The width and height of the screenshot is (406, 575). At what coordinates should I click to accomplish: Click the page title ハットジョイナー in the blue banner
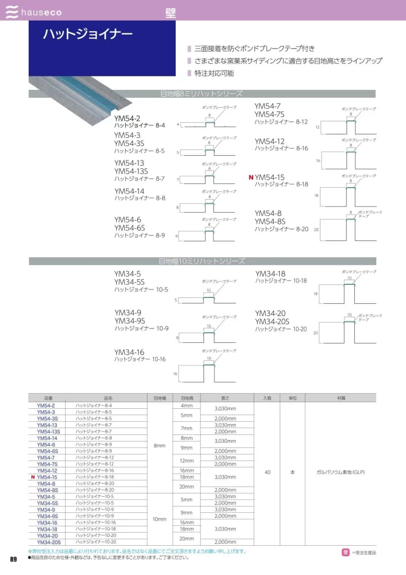coord(88,34)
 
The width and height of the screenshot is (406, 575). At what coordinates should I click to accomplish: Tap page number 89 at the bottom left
coord(14,560)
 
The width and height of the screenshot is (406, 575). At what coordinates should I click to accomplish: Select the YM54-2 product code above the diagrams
coord(127,119)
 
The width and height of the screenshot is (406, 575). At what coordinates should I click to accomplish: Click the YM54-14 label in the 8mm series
coord(129,191)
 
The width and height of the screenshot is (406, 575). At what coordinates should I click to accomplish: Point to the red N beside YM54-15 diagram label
coord(251,178)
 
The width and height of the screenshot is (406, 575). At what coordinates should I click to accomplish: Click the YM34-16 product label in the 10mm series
coord(129,352)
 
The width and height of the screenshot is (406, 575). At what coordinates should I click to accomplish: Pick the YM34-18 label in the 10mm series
coord(270,274)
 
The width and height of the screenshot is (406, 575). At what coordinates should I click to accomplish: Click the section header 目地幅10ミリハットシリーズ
coord(202,261)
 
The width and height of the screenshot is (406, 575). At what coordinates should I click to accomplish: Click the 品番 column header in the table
coord(49,398)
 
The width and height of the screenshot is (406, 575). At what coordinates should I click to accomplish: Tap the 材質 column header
coord(341,398)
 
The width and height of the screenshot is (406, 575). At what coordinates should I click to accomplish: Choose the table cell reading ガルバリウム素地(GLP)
coord(340,472)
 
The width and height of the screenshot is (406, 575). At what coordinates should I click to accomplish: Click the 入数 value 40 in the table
coord(268,472)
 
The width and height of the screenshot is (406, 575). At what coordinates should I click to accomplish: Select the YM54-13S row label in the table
coord(49,432)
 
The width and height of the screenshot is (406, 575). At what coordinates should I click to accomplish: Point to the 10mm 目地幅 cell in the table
coord(160,519)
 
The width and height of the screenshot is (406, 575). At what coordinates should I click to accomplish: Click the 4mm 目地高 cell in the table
coord(186,406)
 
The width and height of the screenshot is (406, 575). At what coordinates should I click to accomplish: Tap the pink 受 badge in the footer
coord(345,552)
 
